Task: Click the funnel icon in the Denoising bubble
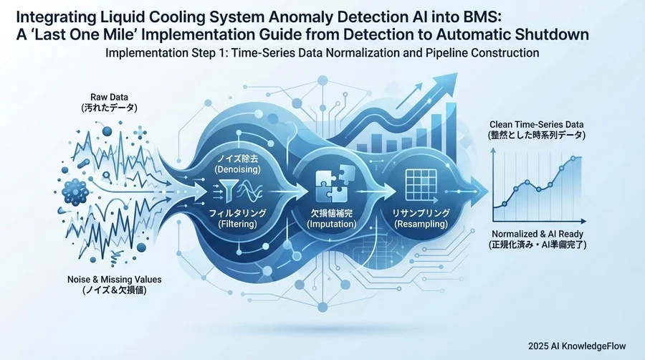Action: pyautogui.click(x=229, y=188)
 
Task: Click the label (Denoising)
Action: pyautogui.click(x=238, y=169)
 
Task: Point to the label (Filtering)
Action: pyautogui.click(x=238, y=224)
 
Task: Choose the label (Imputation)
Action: pyautogui.click(x=332, y=224)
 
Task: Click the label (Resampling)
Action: pyautogui.click(x=421, y=224)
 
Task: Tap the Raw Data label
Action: pyautogui.click(x=109, y=97)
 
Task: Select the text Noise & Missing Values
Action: pyautogui.click(x=115, y=280)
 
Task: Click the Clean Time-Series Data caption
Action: pyautogui.click(x=536, y=124)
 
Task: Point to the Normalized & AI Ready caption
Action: pyautogui.click(x=537, y=234)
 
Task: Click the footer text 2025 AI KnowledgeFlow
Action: pyautogui.click(x=577, y=346)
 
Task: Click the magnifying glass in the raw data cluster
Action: pyautogui.click(x=107, y=176)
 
